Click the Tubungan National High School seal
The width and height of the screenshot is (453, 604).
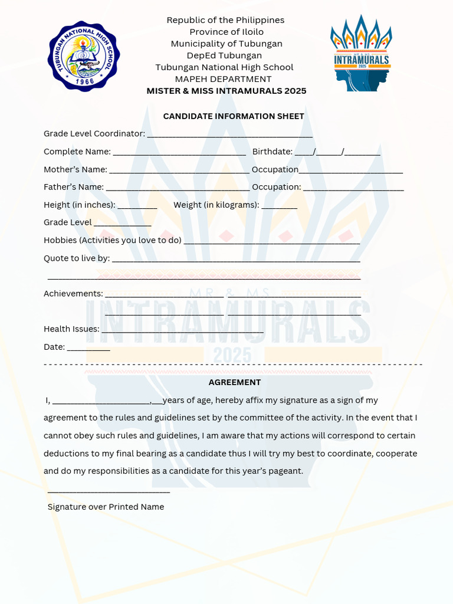click(x=84, y=57)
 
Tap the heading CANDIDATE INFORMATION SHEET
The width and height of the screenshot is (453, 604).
click(x=234, y=116)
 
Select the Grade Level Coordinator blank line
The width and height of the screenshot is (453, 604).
click(x=229, y=135)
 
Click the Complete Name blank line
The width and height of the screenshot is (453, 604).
click(x=179, y=153)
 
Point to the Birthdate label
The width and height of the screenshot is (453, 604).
click(x=272, y=152)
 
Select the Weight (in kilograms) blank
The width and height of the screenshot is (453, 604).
click(x=280, y=206)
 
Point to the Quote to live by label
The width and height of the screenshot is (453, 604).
click(x=77, y=258)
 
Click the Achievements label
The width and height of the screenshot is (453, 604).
click(x=73, y=294)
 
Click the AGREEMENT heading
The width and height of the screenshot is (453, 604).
click(x=235, y=382)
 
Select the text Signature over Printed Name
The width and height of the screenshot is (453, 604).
click(x=106, y=507)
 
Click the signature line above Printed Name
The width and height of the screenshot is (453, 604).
click(x=109, y=491)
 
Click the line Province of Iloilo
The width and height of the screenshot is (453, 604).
click(x=226, y=32)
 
